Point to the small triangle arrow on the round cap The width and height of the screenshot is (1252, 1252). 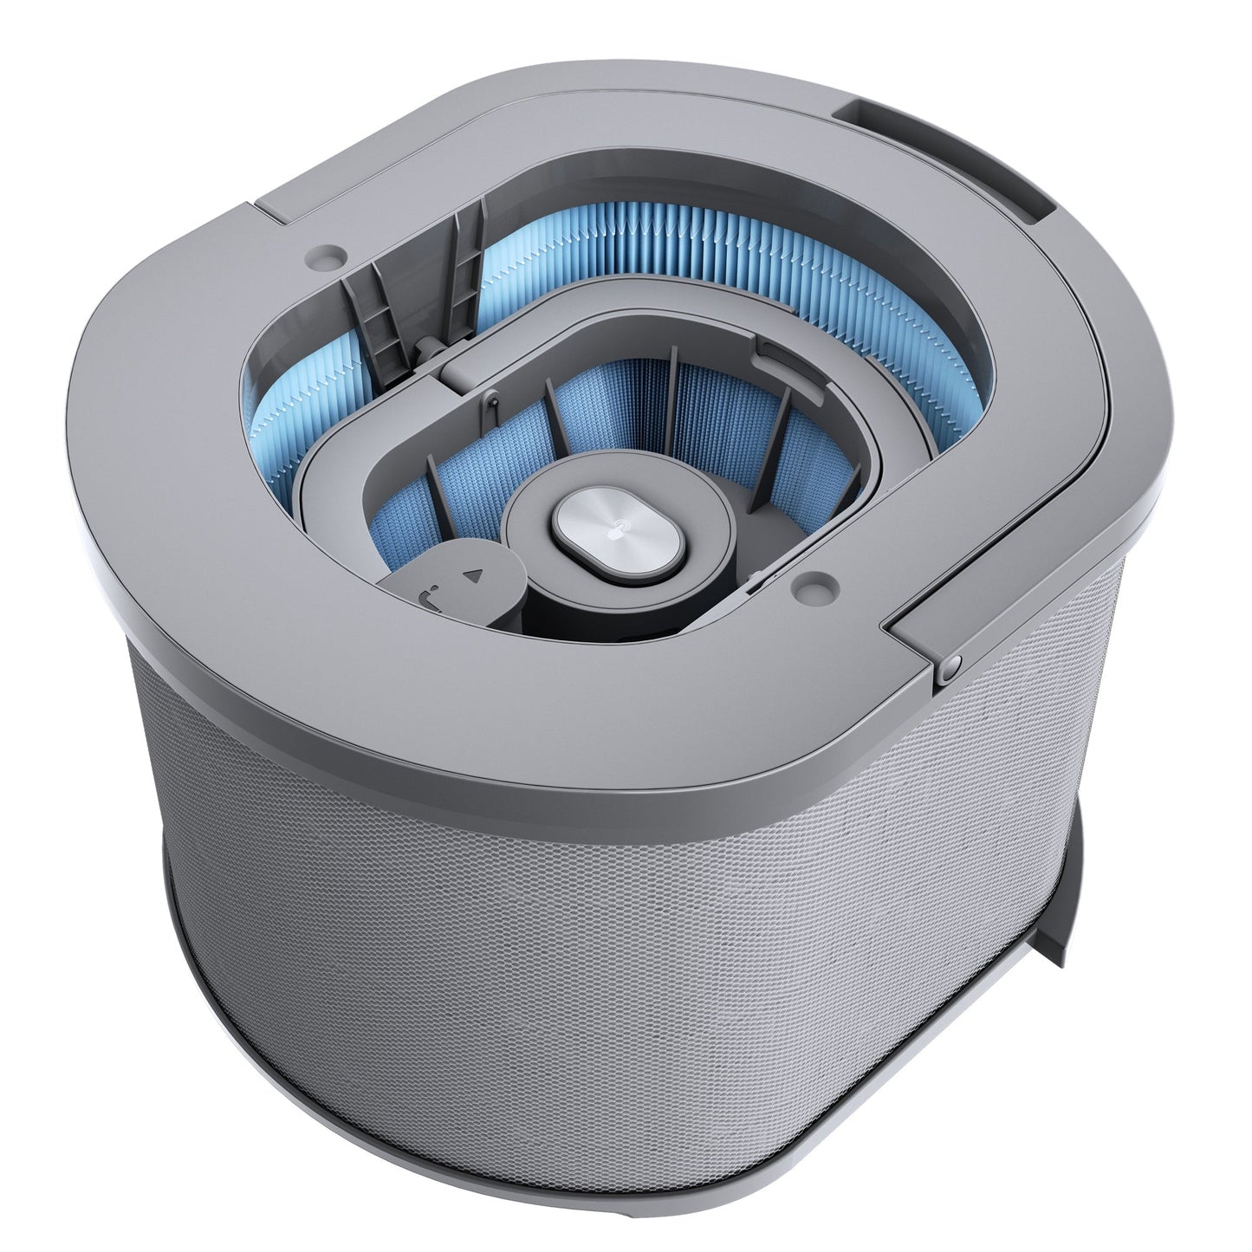click(472, 574)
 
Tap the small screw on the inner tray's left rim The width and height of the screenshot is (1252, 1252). click(490, 397)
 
